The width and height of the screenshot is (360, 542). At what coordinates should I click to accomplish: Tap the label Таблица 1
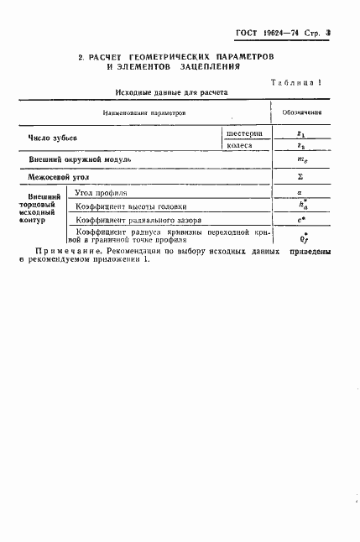pyautogui.click(x=300, y=81)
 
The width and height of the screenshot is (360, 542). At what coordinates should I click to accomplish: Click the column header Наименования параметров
pyautogui.click(x=143, y=112)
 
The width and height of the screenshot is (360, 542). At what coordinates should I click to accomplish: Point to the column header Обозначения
pyautogui.click(x=300, y=112)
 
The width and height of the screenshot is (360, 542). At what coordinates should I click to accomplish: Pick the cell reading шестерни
pyautogui.click(x=244, y=133)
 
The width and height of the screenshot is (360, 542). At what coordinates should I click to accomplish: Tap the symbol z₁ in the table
pyautogui.click(x=300, y=133)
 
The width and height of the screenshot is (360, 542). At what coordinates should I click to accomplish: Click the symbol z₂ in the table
pyautogui.click(x=300, y=147)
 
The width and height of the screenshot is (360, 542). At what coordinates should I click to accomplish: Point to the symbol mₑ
pyautogui.click(x=300, y=161)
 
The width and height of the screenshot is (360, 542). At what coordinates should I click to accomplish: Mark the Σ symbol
pyautogui.click(x=300, y=178)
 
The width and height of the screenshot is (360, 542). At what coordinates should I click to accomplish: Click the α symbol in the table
pyautogui.click(x=300, y=193)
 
